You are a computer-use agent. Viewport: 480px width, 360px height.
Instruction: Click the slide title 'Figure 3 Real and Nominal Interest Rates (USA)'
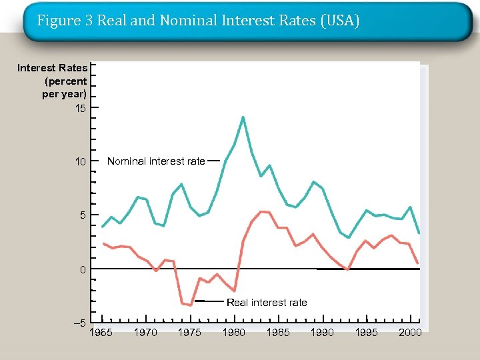point(198,21)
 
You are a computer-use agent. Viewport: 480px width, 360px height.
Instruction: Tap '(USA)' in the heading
point(340,21)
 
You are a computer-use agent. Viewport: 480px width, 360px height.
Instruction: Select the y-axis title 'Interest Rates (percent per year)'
point(53,81)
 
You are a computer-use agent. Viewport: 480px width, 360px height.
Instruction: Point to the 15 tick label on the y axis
point(80,108)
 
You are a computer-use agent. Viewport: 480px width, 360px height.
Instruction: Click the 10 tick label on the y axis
point(80,162)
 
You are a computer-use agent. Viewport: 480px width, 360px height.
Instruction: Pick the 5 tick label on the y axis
point(83,216)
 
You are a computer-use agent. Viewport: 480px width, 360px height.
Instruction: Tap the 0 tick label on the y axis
point(83,270)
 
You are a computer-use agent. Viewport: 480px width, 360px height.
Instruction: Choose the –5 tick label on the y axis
point(79,323)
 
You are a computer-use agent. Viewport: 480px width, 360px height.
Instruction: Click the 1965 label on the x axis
point(101,333)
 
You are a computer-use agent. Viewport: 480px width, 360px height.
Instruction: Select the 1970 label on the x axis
point(145,333)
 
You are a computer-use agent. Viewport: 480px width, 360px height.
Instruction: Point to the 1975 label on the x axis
point(189,333)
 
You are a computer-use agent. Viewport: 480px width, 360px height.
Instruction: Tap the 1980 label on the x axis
point(233,333)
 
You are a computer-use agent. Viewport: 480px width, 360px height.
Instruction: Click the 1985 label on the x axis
point(278,333)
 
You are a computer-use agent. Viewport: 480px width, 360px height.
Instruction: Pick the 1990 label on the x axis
point(322,333)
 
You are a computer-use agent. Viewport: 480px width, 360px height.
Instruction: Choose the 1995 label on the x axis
point(366,333)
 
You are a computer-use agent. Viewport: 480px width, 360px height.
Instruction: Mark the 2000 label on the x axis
point(410,333)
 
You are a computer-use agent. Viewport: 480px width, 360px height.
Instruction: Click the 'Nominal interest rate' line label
point(156,161)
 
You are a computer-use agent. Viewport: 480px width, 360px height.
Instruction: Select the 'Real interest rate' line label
point(267,303)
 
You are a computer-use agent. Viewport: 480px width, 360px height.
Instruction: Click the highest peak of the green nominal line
point(243,117)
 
